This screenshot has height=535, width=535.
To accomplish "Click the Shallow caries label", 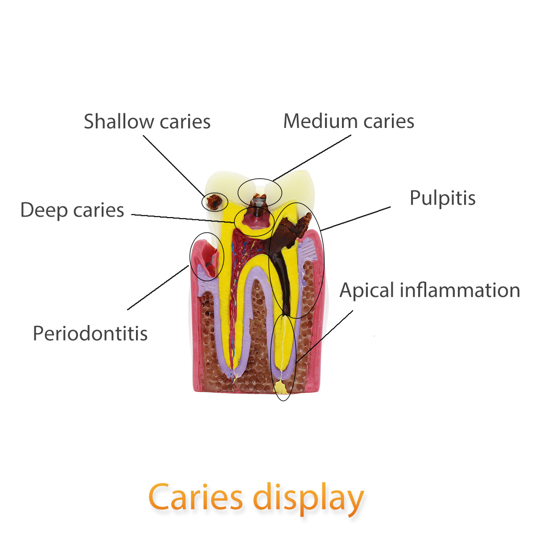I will (x=147, y=121).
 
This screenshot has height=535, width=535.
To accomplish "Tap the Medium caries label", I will (x=349, y=121).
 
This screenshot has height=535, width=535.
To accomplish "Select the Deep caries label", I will (x=72, y=210).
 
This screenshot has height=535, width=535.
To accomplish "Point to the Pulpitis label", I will (x=442, y=198).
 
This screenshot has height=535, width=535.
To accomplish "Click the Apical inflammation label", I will (x=430, y=290).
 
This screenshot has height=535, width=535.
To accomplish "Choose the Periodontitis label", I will (x=90, y=333).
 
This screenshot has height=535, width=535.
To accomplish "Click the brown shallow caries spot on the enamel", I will (x=214, y=202).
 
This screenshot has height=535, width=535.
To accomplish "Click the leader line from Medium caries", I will (x=312, y=157).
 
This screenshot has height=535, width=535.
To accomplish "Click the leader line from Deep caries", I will (x=183, y=218).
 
